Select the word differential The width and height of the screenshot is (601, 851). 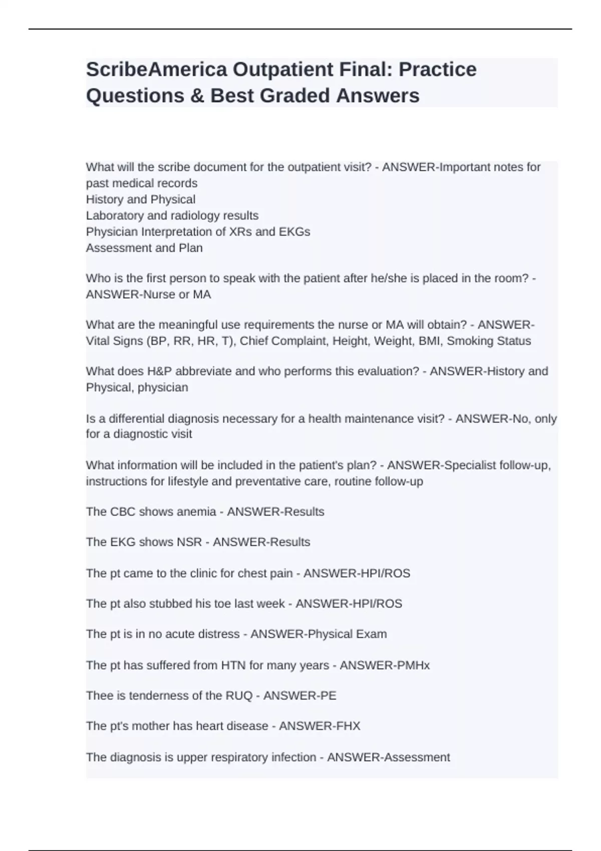(x=136, y=418)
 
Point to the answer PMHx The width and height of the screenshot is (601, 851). (x=413, y=665)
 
